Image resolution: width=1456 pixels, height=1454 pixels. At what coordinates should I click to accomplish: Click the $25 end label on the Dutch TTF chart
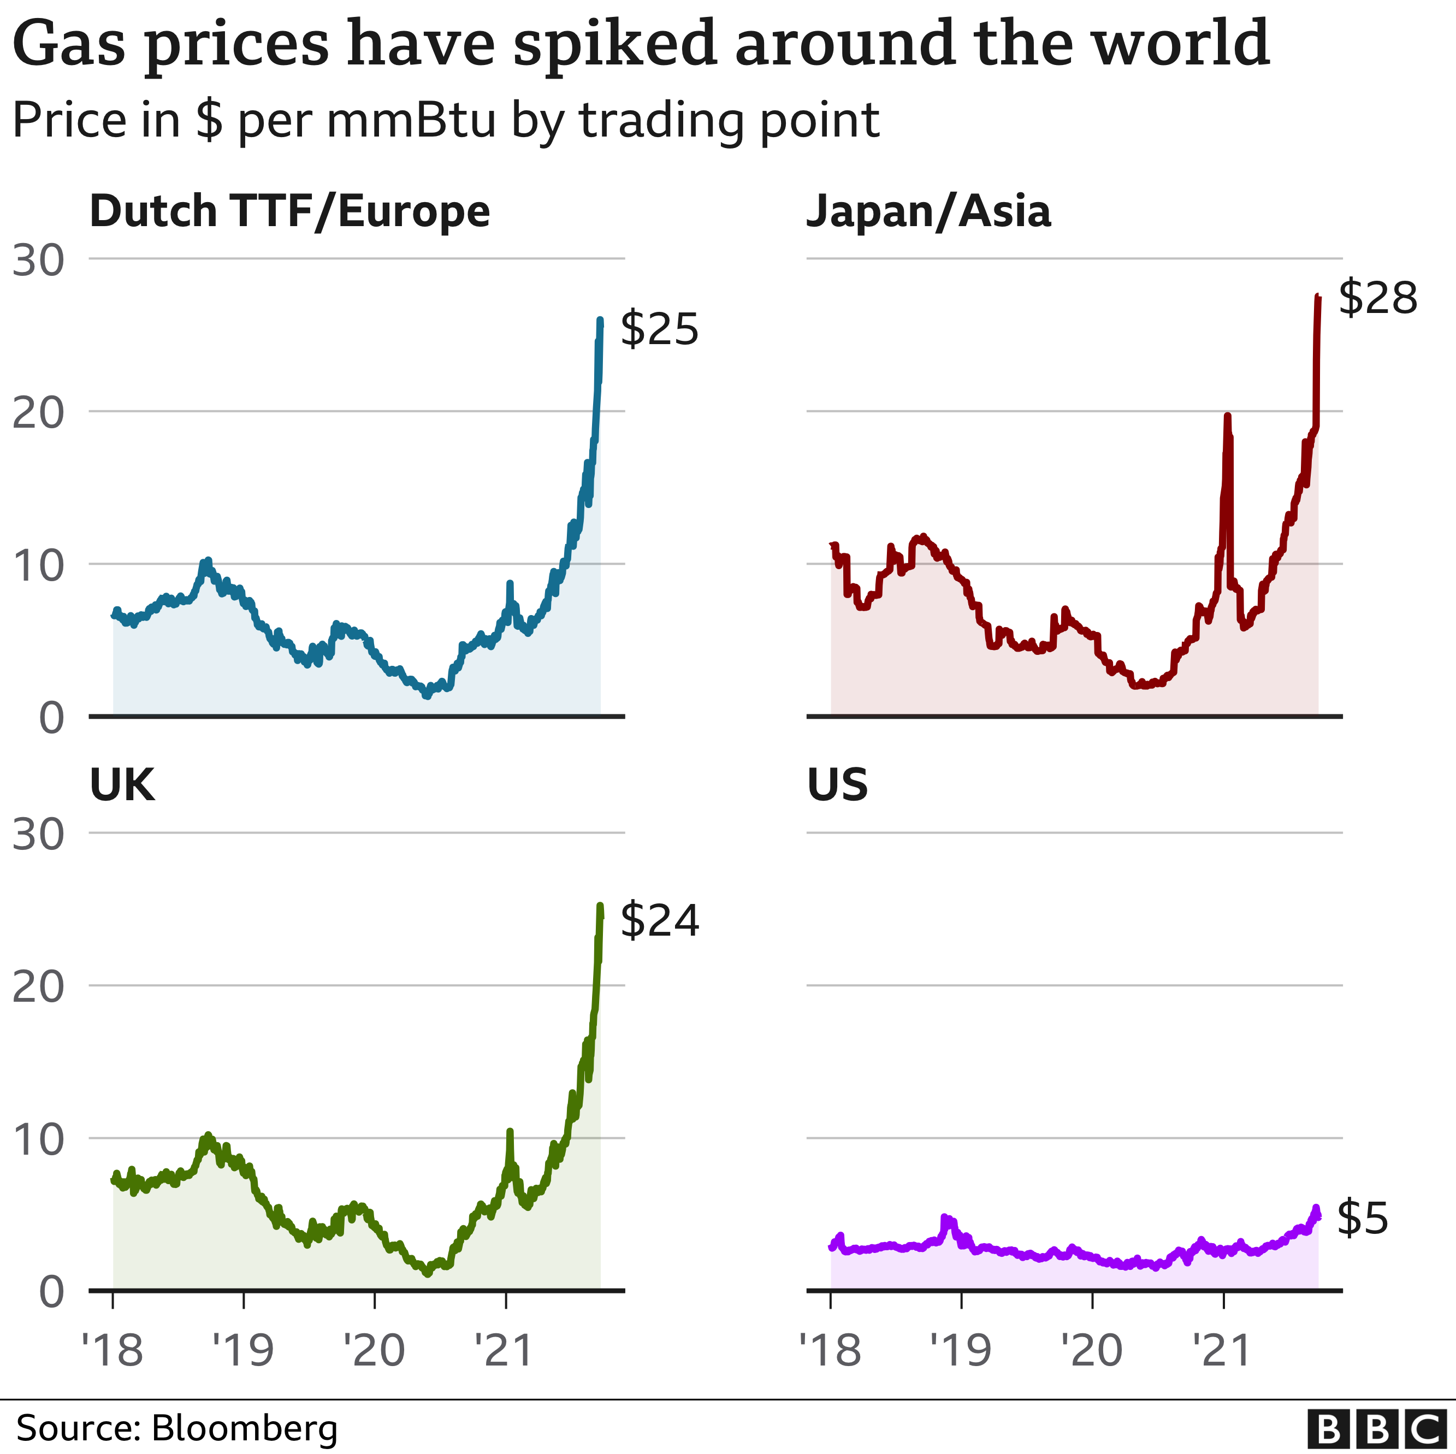point(659,329)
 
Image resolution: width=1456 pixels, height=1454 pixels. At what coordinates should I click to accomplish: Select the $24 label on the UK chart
point(659,920)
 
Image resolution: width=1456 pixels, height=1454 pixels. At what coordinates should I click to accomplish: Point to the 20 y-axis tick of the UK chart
point(38,986)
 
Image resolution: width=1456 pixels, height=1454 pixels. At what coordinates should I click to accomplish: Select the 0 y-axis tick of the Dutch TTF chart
point(51,718)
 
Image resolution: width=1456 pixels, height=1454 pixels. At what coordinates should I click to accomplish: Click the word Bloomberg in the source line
point(244,1428)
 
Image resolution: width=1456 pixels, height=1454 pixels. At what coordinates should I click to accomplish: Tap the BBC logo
point(1376,1428)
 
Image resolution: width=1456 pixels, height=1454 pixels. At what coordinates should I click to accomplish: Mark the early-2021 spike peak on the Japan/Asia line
point(1228,416)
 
